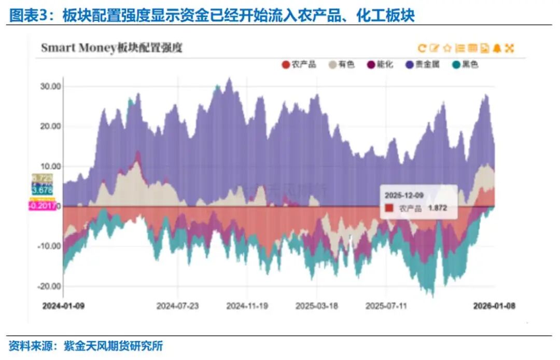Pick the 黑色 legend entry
coord(465,65)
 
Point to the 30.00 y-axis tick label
coord(51,86)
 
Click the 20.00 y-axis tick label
coord(51,126)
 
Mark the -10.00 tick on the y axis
coord(50,246)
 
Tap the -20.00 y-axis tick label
coord(50,286)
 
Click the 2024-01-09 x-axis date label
coord(63,306)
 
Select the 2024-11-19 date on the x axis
coord(247,306)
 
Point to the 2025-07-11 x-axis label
coord(386,306)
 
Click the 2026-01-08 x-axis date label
coord(494,306)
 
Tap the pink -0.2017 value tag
coord(43,206)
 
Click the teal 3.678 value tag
coord(43,191)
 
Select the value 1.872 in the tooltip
coord(437,208)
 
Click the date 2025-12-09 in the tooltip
coord(404,195)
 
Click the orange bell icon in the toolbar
coord(497,48)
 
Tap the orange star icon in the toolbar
coord(447,48)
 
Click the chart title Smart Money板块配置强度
coord(111,48)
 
